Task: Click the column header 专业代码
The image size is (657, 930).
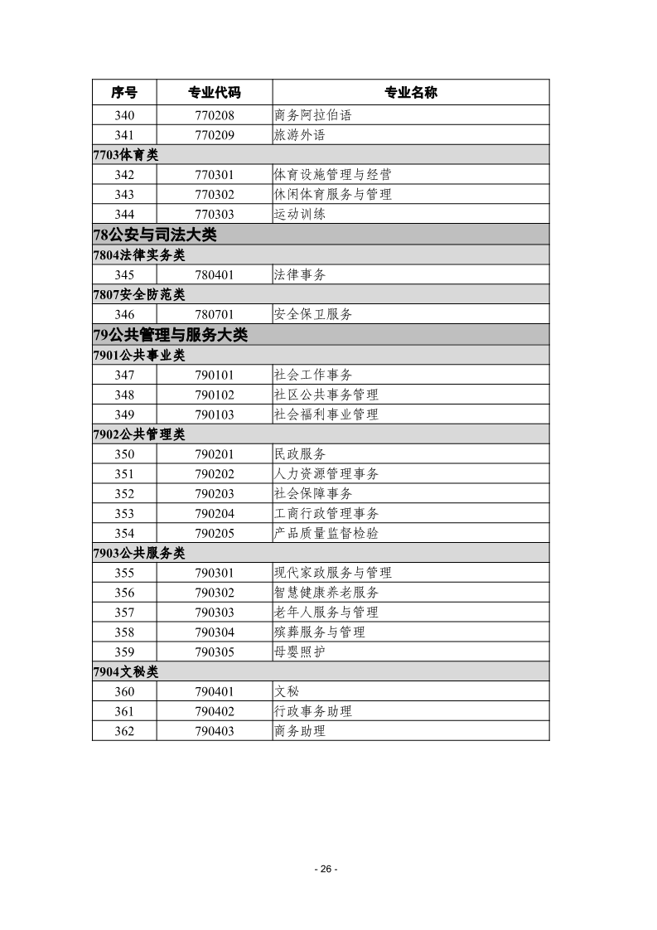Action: coord(215,92)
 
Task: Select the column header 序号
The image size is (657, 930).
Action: coord(124,92)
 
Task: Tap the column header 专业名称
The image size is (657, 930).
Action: coord(410,92)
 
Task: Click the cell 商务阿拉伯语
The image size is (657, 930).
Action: coord(312,115)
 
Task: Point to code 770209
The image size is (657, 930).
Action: coord(215,135)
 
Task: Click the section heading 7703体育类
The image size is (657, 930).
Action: coord(126,155)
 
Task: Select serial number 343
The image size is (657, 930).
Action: coord(124,195)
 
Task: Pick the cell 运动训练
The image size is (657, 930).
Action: coord(299,215)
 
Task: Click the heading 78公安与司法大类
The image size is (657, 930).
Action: coord(155,235)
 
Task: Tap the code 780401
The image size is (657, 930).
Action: coord(215,275)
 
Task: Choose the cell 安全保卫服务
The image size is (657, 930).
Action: coord(312,315)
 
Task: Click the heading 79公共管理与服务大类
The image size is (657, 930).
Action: coord(171,335)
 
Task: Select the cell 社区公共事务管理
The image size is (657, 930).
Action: coord(326,395)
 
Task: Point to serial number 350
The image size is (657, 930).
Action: coord(124,454)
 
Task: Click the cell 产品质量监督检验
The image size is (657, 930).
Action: coord(326,534)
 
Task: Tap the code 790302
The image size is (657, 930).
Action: coord(215,593)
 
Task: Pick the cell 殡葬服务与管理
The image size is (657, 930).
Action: coord(319,632)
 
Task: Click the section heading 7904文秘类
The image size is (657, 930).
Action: coord(126,671)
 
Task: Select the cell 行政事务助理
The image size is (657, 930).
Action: coord(312,711)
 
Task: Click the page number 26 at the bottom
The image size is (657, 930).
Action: coord(326,869)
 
